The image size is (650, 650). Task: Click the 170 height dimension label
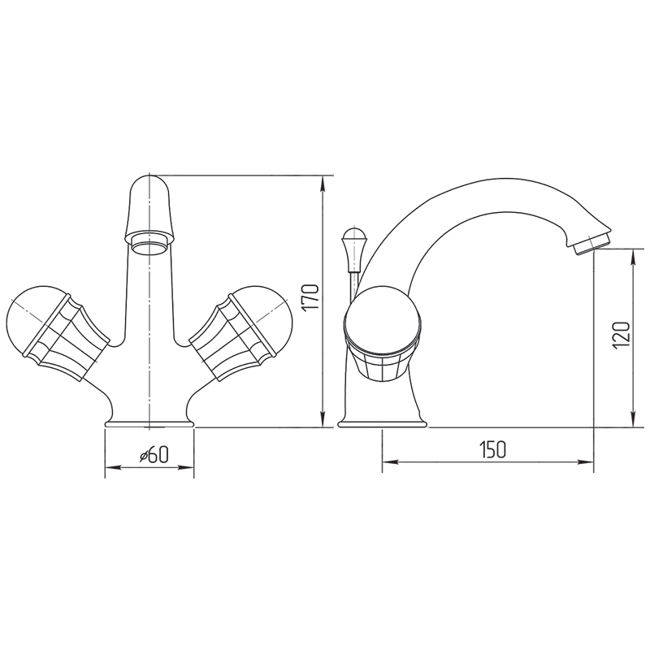click(310, 298)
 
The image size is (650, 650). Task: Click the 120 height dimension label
click(622, 334)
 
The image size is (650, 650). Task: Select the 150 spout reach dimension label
click(493, 450)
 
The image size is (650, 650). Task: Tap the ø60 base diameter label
click(154, 455)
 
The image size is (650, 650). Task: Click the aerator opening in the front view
click(149, 246)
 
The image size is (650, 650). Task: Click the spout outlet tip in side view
click(591, 244)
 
